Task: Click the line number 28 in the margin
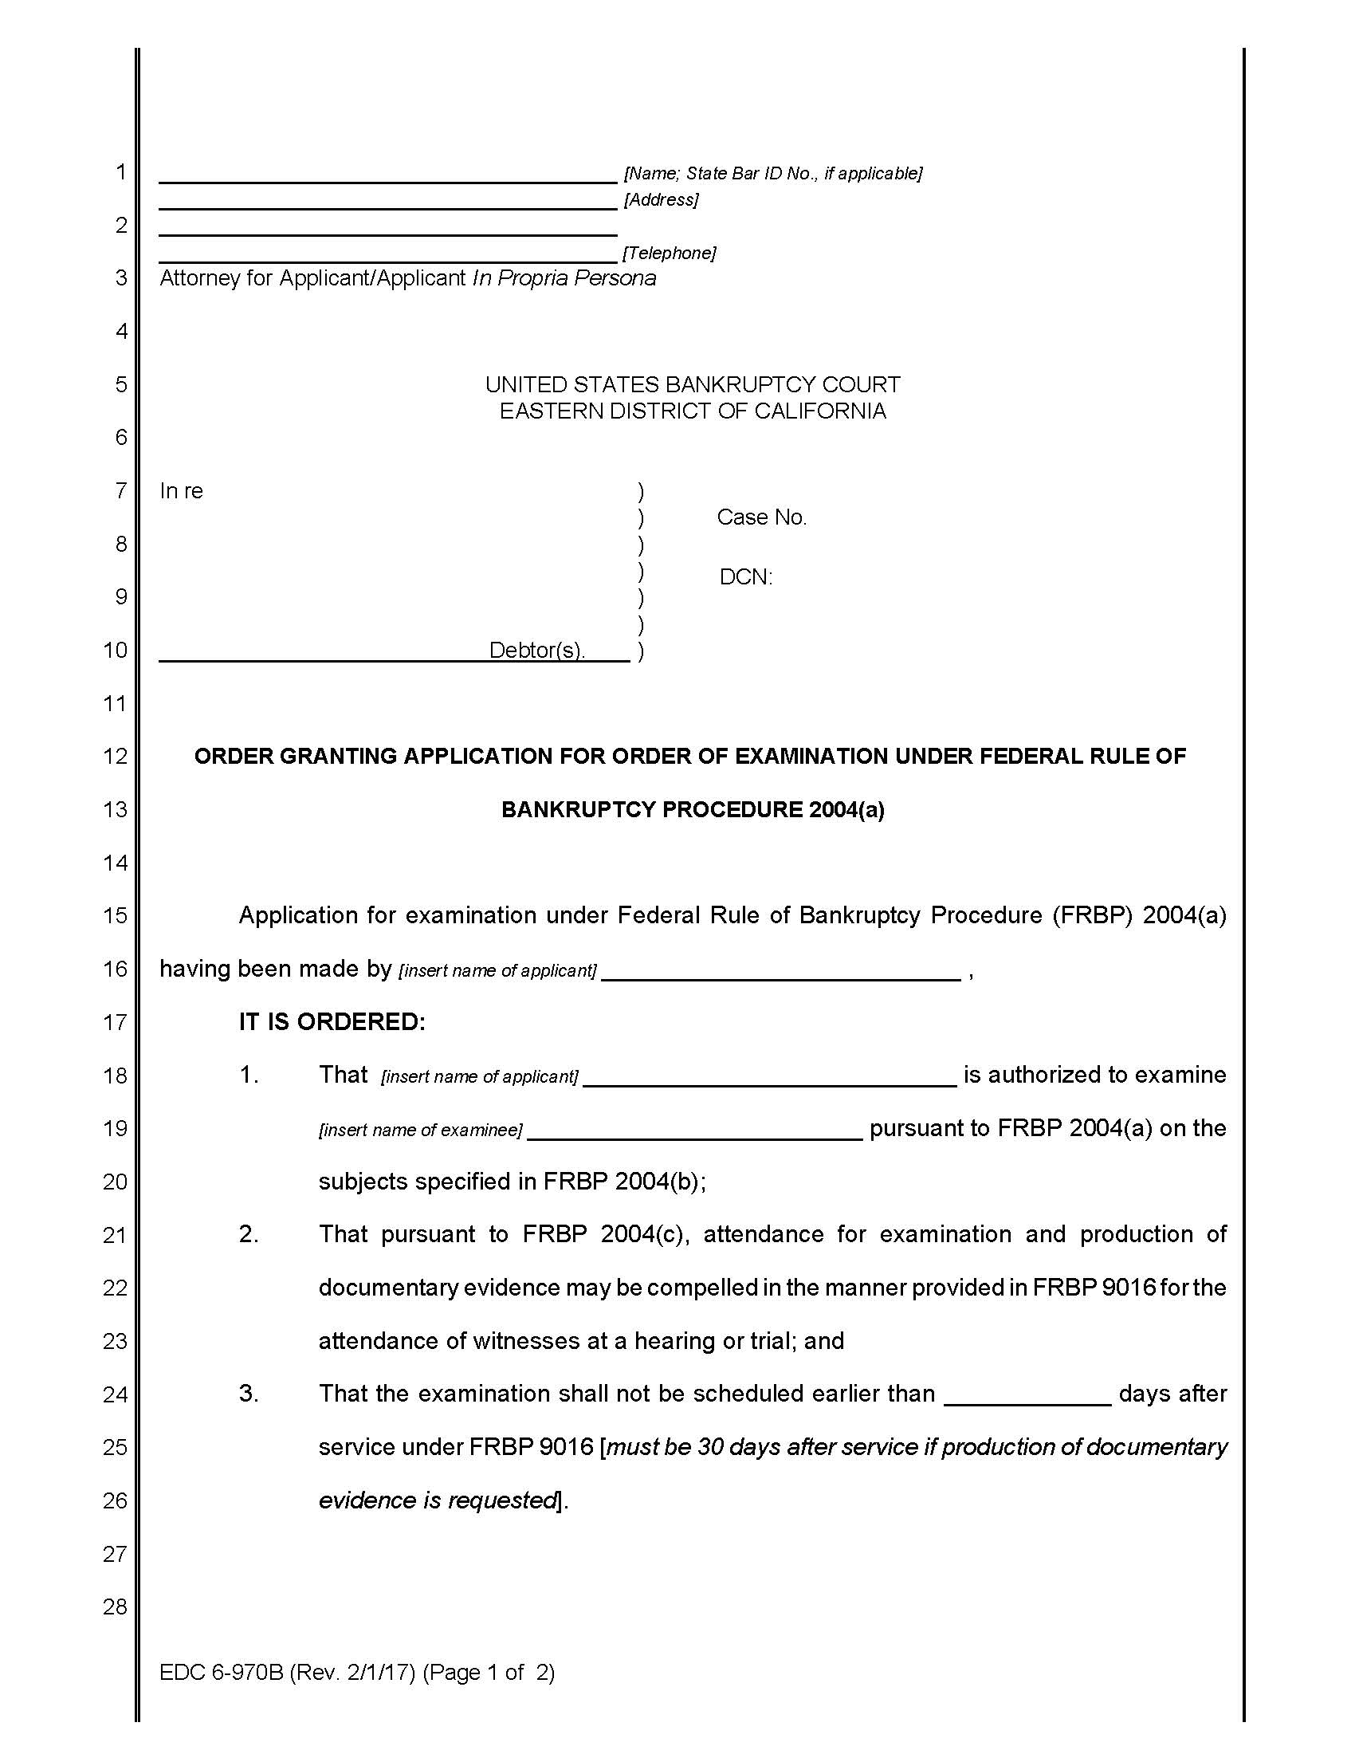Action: point(115,1607)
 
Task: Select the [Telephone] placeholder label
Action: point(669,253)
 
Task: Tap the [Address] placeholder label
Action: point(662,199)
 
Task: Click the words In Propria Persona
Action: point(564,278)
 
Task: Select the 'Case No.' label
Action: point(761,517)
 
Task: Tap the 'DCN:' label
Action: point(746,577)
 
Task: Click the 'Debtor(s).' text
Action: point(537,650)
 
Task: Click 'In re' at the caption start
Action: point(182,490)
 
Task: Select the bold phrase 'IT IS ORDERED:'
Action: point(332,1021)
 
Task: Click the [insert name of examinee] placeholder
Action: point(421,1130)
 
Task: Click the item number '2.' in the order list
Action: point(249,1234)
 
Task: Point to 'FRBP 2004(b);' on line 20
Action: point(625,1182)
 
